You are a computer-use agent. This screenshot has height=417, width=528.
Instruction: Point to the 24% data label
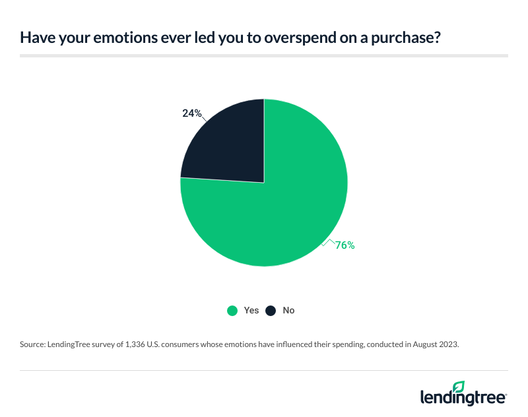click(191, 113)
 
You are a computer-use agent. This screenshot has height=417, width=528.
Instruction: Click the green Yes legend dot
click(232, 310)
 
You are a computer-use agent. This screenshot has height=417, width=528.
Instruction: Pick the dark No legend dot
click(270, 310)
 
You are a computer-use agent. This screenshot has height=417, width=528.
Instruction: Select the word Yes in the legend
click(251, 310)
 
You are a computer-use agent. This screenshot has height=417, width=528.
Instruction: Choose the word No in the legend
click(288, 310)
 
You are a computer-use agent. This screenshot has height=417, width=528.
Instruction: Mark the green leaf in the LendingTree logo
click(459, 386)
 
